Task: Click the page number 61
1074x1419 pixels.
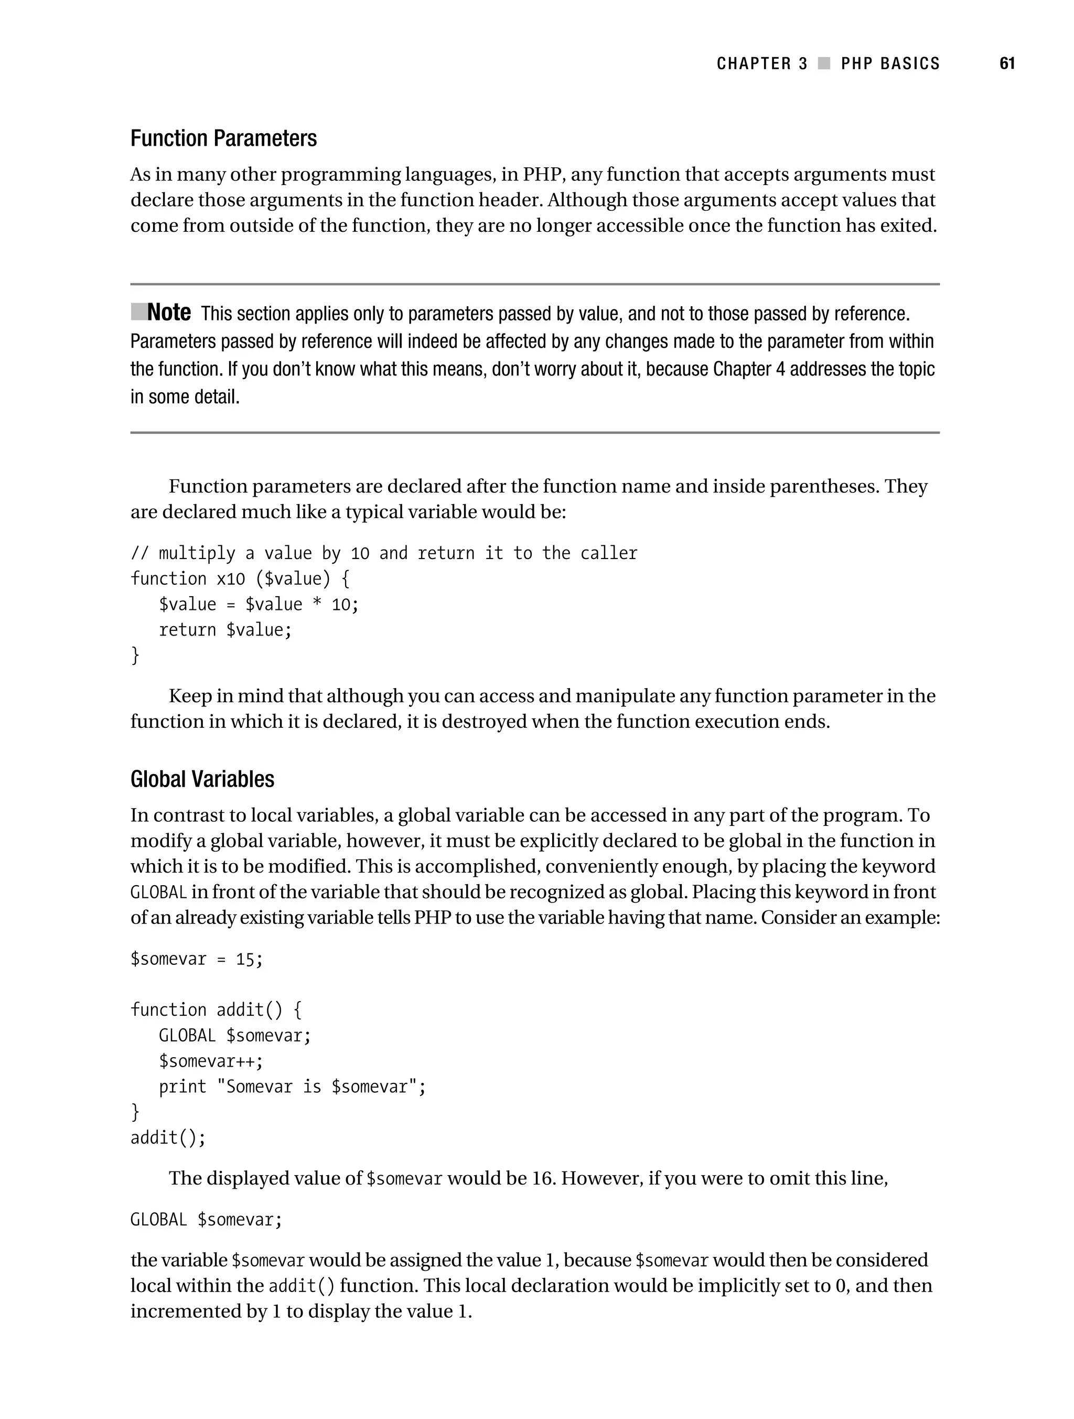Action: pyautogui.click(x=1007, y=63)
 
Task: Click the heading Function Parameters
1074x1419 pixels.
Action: pyautogui.click(x=223, y=138)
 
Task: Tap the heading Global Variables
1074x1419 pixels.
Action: pyautogui.click(x=202, y=779)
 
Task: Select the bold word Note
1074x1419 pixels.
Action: pyautogui.click(x=169, y=313)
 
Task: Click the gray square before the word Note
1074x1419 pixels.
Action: pyautogui.click(x=138, y=312)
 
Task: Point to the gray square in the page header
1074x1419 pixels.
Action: pyautogui.click(x=824, y=63)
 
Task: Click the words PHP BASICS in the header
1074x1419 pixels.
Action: pyautogui.click(x=890, y=63)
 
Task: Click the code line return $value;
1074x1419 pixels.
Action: pyautogui.click(x=225, y=630)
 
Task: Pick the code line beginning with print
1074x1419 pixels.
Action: pyautogui.click(x=292, y=1087)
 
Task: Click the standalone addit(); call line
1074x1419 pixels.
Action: pyautogui.click(x=168, y=1138)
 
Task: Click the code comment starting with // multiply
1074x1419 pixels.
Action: pyautogui.click(x=384, y=553)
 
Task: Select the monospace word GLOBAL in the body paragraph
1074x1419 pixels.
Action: pyautogui.click(x=158, y=893)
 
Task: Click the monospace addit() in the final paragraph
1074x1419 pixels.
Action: pyautogui.click(x=302, y=1286)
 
